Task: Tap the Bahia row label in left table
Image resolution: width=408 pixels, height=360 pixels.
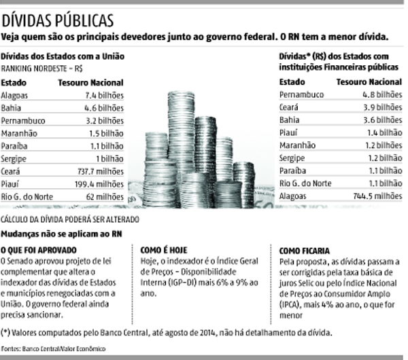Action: click(x=12, y=108)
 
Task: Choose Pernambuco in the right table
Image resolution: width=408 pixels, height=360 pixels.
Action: click(x=303, y=95)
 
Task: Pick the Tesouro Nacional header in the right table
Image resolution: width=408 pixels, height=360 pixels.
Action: click(x=370, y=82)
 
